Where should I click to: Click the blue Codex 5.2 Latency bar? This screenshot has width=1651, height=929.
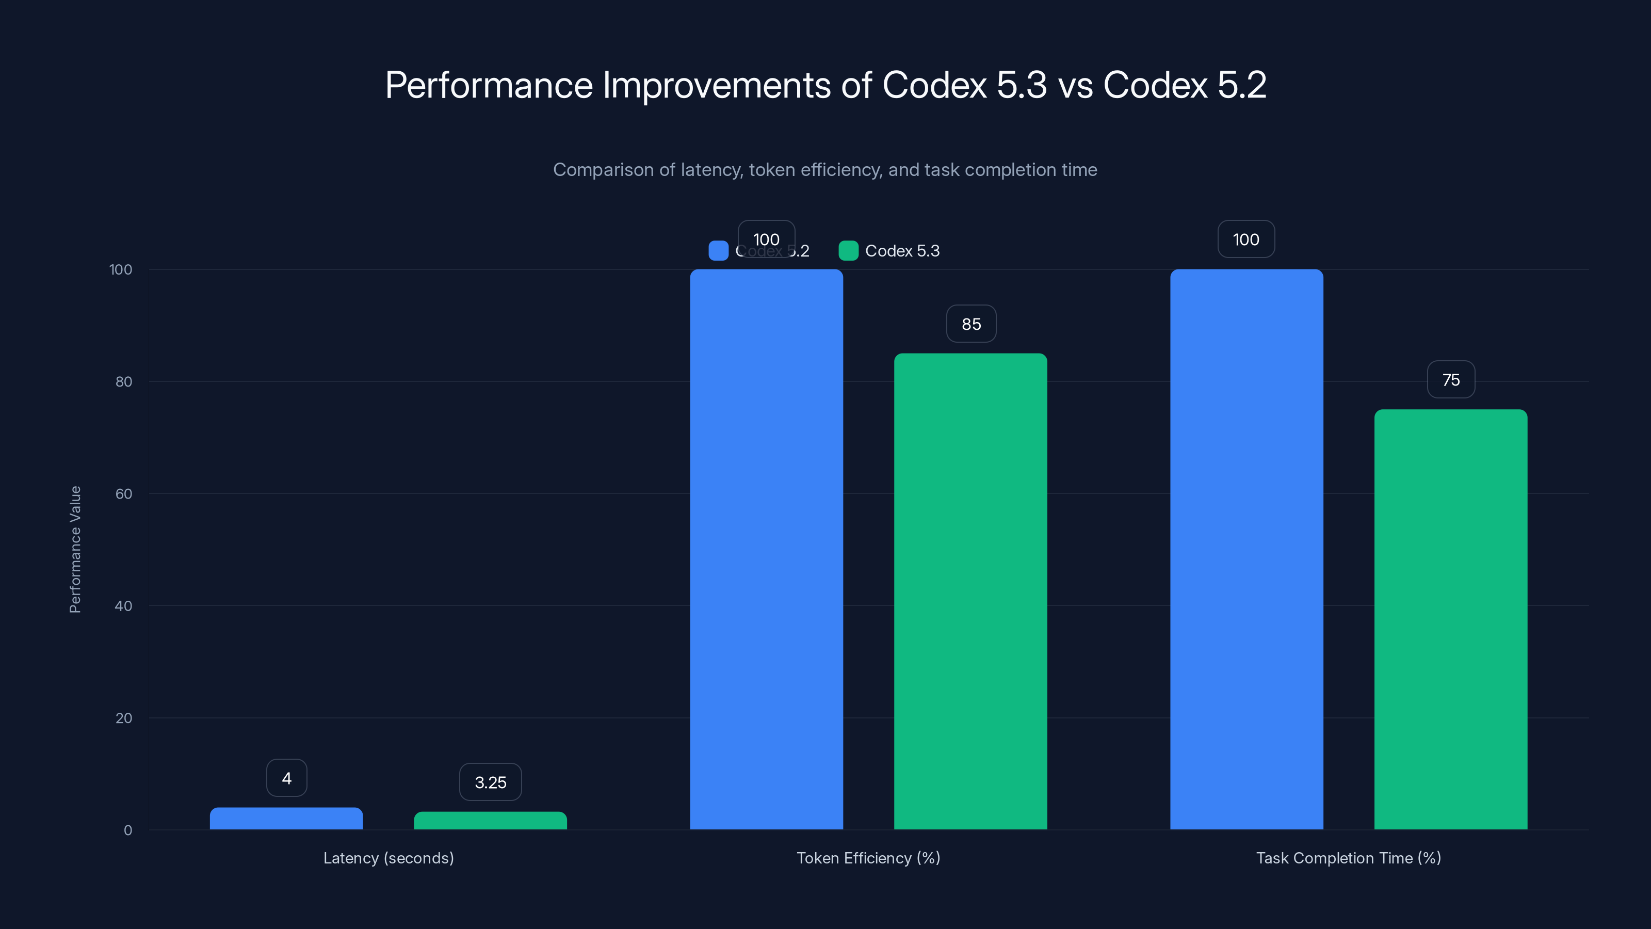pyautogui.click(x=286, y=819)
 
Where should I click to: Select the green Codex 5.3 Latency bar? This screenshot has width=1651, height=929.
pyautogui.click(x=490, y=821)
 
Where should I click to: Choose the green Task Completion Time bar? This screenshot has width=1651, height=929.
pyautogui.click(x=1450, y=619)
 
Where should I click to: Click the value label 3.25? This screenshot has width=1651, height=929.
pyautogui.click(x=490, y=782)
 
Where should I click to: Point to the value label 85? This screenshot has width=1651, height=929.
pyautogui.click(x=971, y=324)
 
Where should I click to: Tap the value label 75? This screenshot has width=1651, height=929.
pyautogui.click(x=1450, y=379)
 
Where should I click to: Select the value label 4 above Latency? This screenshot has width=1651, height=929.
pyautogui.click(x=286, y=778)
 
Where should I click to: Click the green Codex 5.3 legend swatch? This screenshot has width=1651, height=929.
pyautogui.click(x=848, y=251)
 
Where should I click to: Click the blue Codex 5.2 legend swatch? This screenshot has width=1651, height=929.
pyautogui.click(x=718, y=251)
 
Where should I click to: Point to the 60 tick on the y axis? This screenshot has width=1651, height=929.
pyautogui.click(x=124, y=494)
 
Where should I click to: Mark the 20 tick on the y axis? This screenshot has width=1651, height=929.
pyautogui.click(x=124, y=718)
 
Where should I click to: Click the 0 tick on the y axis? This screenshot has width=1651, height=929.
pyautogui.click(x=127, y=830)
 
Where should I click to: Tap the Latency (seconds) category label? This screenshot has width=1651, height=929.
pyautogui.click(x=389, y=858)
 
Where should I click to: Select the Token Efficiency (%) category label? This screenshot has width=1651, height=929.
pyautogui.click(x=868, y=858)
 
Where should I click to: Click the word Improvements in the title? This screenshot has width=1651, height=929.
pyautogui.click(x=717, y=85)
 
